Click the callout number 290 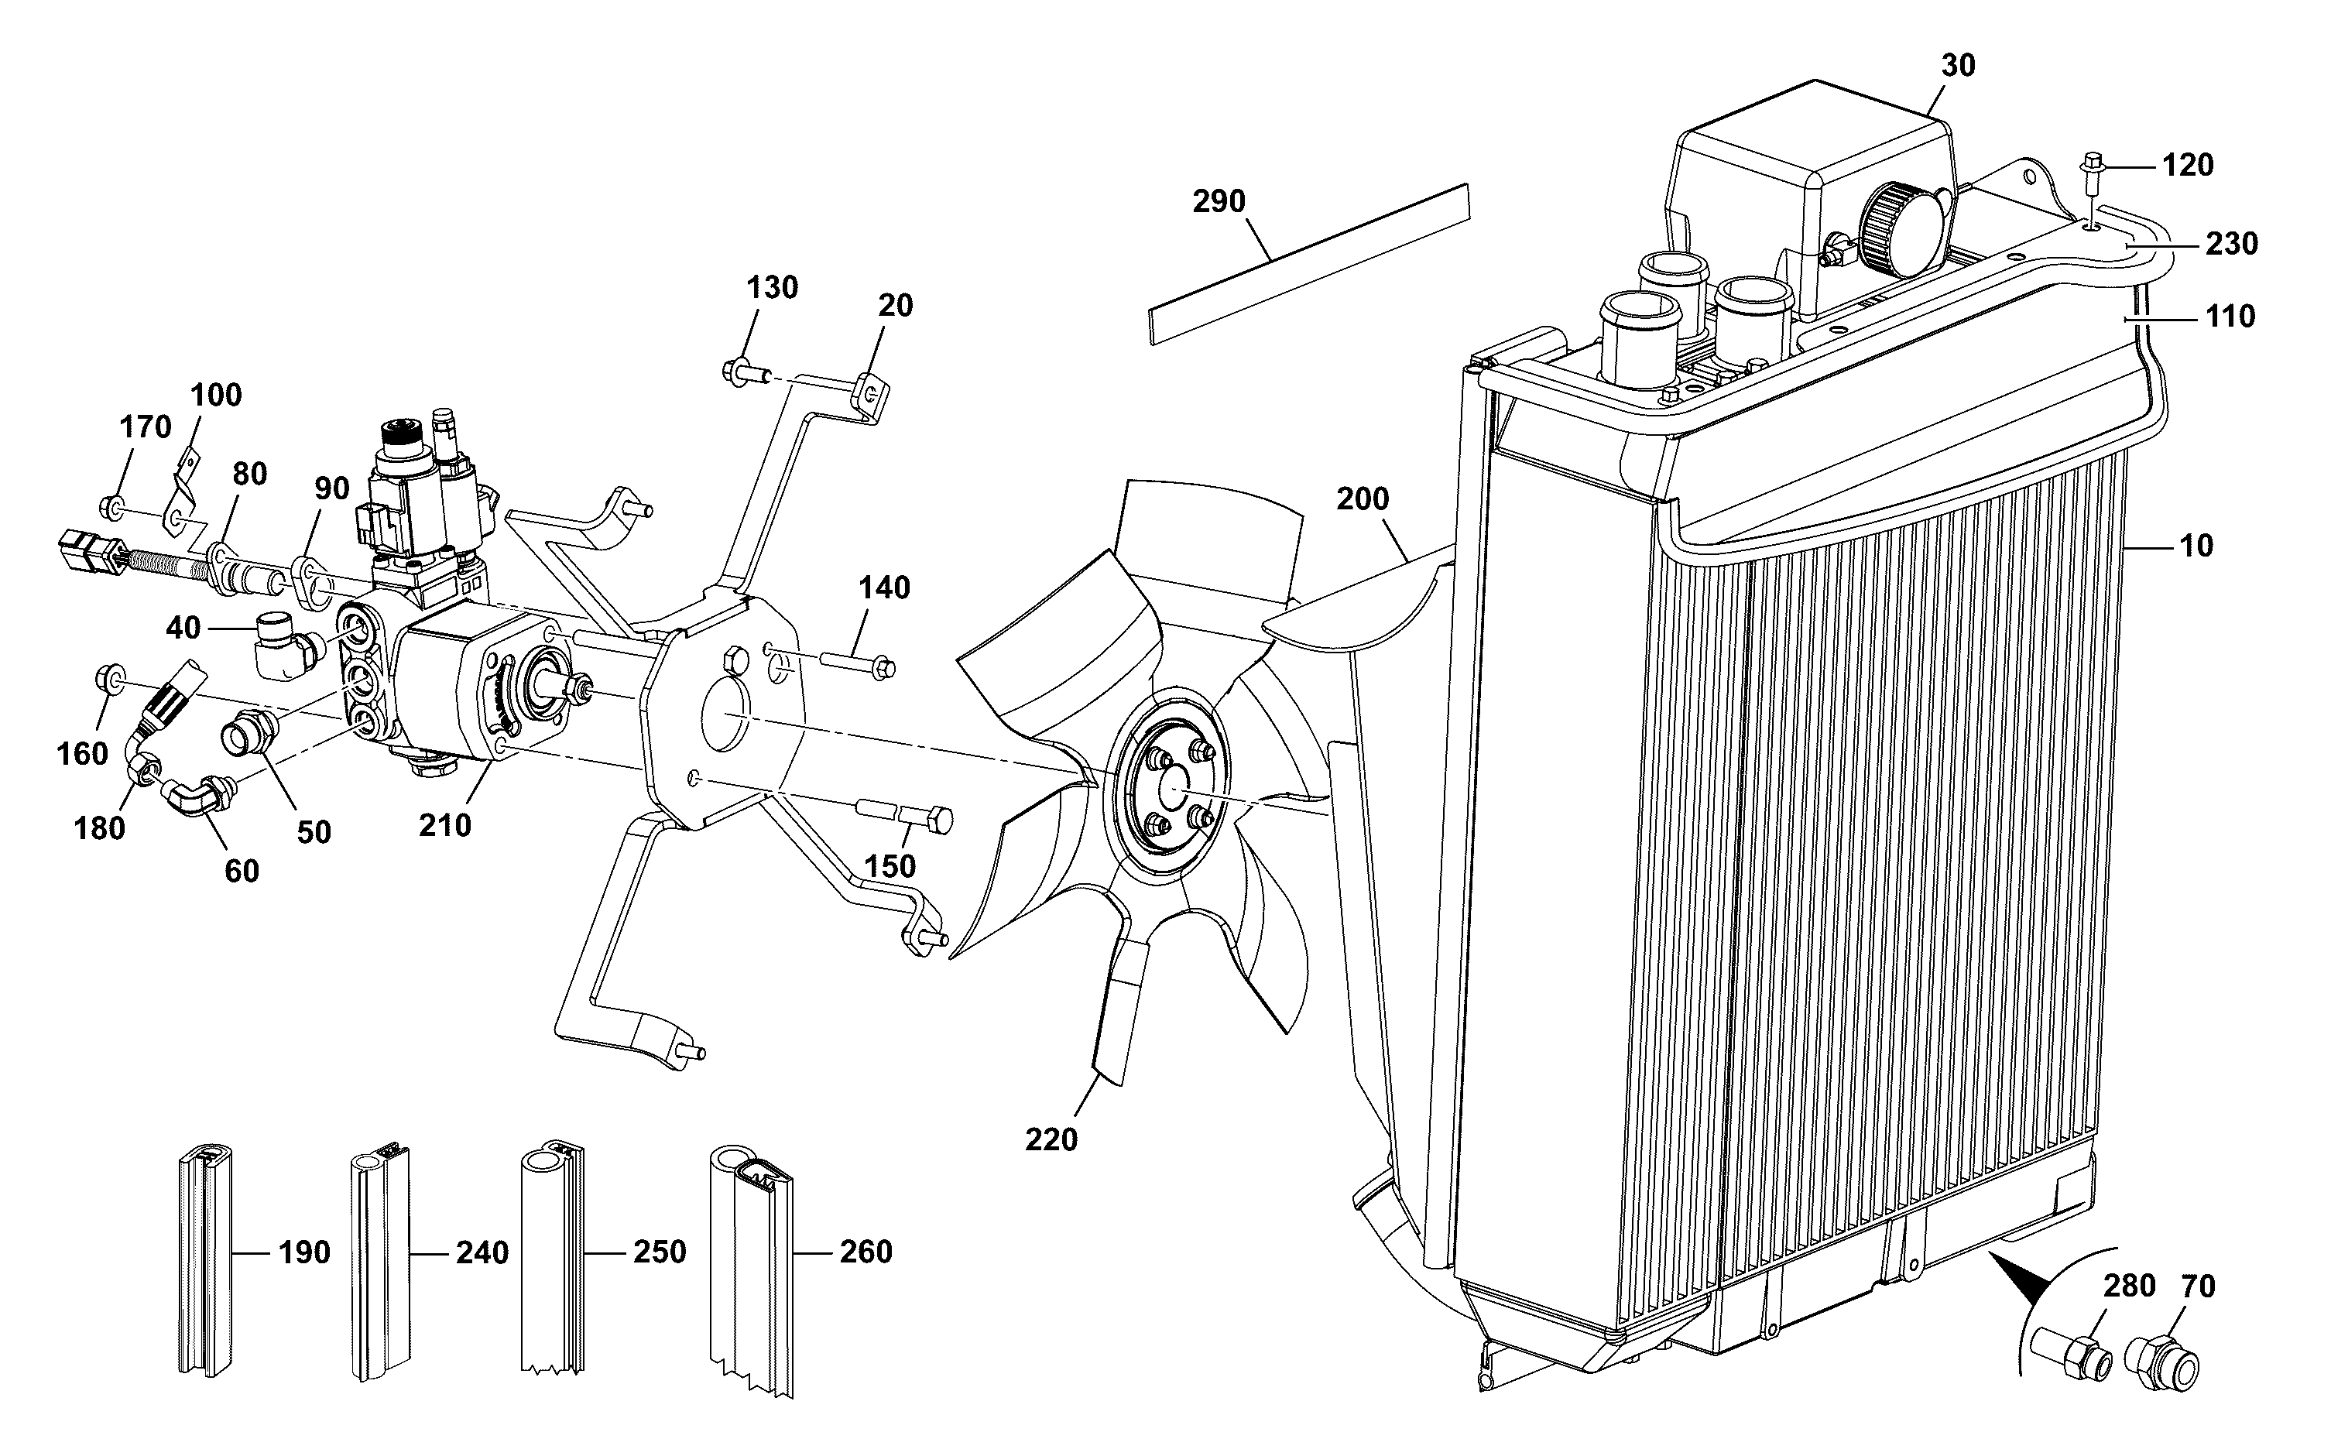[x=1219, y=202]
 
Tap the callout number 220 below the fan [x=1051, y=1139]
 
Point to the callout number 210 [x=445, y=825]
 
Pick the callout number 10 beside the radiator [x=2196, y=546]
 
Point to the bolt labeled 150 [x=903, y=815]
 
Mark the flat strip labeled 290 [x=1309, y=264]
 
